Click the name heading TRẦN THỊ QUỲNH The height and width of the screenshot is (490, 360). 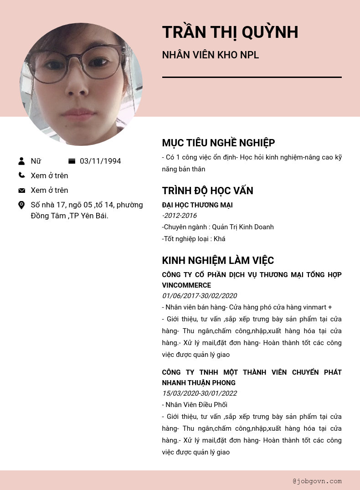tap(230, 32)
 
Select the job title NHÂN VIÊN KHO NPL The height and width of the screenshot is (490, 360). tap(211, 55)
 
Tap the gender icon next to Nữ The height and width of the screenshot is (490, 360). tap(21, 161)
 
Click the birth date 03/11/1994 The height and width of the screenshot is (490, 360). tap(100, 161)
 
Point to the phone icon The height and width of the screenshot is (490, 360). tap(21, 175)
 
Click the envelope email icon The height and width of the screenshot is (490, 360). tap(21, 190)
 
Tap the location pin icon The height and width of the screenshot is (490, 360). tap(21, 205)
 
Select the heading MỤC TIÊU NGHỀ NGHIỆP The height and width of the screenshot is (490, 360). tap(218, 143)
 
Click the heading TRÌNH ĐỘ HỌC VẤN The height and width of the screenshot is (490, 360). tap(207, 191)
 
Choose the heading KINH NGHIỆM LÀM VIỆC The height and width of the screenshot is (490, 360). tap(218, 261)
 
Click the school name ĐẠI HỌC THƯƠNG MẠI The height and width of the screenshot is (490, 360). tap(197, 205)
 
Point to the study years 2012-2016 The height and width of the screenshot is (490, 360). tap(180, 216)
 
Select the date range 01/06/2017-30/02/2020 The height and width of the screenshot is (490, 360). tap(199, 296)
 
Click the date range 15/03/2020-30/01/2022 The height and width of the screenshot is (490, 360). tap(199, 393)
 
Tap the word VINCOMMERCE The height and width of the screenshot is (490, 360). tap(186, 285)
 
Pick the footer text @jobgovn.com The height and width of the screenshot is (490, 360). tap(317, 481)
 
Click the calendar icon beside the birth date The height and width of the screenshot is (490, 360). tap(72, 161)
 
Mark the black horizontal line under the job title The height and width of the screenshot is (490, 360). tap(252, 77)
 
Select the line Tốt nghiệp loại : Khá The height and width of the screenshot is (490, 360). tap(194, 239)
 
